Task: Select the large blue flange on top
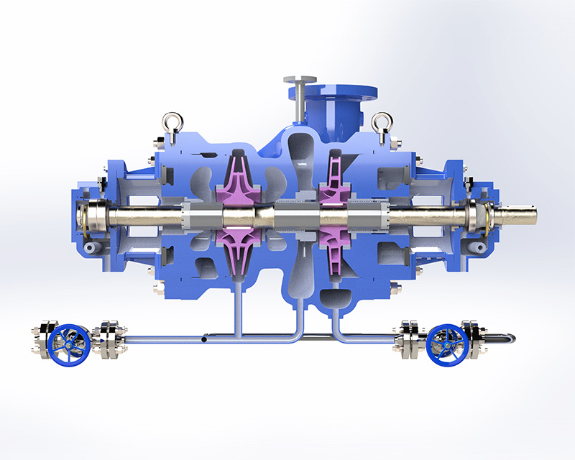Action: pyautogui.click(x=332, y=93)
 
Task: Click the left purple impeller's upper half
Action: pyautogui.click(x=238, y=183)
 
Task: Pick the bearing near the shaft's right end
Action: pyautogui.click(x=475, y=216)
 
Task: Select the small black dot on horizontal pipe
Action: pyautogui.click(x=206, y=334)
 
